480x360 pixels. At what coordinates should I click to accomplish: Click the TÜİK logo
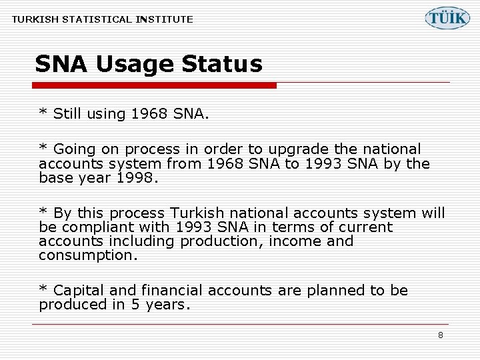pos(447,18)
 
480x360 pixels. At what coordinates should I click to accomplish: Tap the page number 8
pos(440,335)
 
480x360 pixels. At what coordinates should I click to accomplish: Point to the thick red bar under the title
pos(155,85)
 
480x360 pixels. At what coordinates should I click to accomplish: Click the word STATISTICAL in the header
pos(98,19)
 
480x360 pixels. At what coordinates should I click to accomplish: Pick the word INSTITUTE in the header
pos(164,19)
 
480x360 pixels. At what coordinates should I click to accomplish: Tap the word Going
pos(73,150)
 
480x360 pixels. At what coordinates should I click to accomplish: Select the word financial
pos(170,291)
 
